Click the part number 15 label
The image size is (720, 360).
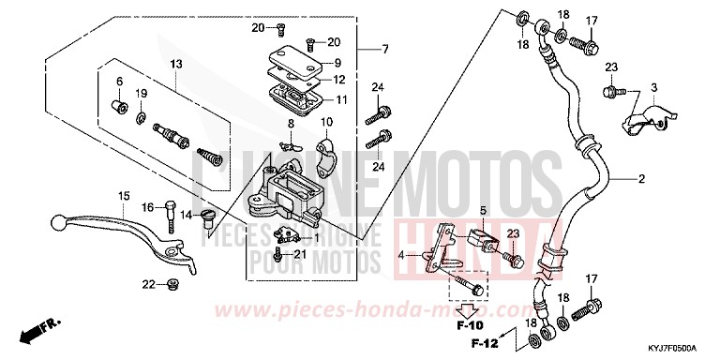pos(123,195)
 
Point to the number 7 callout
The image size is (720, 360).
pos(383,48)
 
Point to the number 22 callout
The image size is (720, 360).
pos(148,284)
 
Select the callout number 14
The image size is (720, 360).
pos(187,215)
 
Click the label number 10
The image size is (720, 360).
pos(327,122)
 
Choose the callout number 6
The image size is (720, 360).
pos(120,82)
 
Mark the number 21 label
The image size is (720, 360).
pos(300,254)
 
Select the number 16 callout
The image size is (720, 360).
pos(147,206)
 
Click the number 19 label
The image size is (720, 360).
pos(142,94)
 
